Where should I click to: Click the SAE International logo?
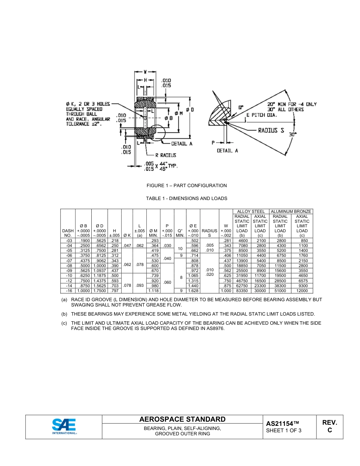64,426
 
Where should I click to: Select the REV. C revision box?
329,426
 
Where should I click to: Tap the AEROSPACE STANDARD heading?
182,419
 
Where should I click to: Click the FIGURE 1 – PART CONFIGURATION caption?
187,186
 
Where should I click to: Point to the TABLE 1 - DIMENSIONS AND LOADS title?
187,199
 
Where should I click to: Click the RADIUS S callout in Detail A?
271,130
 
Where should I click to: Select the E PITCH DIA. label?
262,115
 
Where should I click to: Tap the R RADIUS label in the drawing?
166,155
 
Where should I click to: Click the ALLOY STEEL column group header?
251,211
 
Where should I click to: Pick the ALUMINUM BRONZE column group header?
291,211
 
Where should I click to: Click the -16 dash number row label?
68,291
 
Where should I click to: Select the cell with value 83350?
242,291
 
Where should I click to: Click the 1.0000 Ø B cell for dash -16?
83,291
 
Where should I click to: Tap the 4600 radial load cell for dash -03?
242,241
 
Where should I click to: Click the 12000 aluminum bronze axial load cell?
302,291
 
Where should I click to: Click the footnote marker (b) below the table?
64,314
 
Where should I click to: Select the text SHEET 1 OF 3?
284,430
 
